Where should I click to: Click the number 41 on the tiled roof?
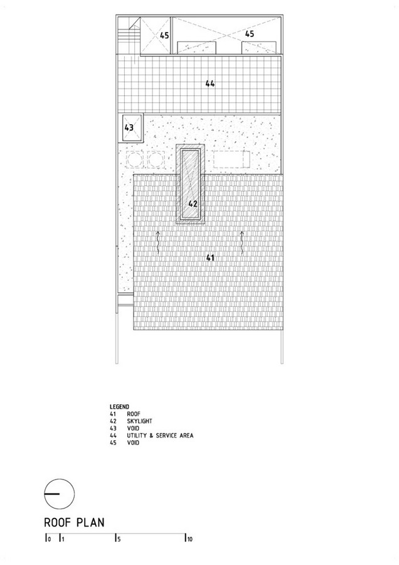click(210, 257)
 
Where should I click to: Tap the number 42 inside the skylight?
click(193, 204)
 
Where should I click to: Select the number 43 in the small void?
click(129, 127)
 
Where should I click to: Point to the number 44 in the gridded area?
click(210, 83)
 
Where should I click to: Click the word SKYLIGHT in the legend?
click(139, 421)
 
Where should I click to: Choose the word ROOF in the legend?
click(134, 414)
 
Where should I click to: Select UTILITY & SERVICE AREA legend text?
click(160, 435)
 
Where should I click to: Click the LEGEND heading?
click(119, 407)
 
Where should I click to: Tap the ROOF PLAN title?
click(74, 522)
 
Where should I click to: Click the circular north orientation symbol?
click(60, 494)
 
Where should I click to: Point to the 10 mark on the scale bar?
click(189, 539)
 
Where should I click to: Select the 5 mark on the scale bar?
click(117, 539)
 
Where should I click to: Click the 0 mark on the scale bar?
click(48, 539)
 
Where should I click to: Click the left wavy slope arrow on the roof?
click(157, 243)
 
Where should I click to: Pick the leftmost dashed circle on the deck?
click(135, 159)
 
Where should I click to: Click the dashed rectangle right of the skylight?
click(231, 159)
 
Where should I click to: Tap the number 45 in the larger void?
click(250, 34)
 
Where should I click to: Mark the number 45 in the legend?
click(114, 443)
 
